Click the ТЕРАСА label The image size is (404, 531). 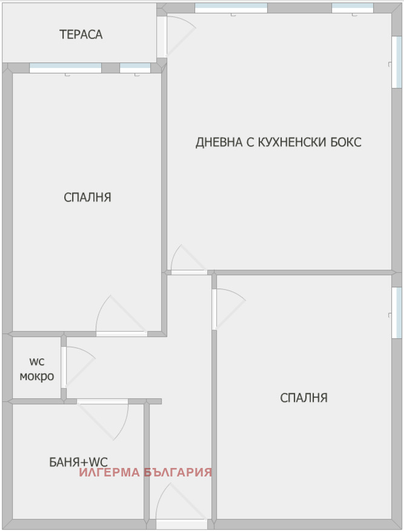coord(81,35)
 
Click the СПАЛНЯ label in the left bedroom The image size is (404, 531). coord(87,197)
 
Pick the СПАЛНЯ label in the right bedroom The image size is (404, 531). coord(303,398)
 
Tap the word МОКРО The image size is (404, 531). coord(36,376)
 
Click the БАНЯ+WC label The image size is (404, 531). coord(78,463)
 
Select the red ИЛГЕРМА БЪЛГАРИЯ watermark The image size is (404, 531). coord(145,472)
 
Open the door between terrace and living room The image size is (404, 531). coord(162,36)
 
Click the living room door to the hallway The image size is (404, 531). coord(189,272)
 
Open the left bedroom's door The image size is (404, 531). coord(121,333)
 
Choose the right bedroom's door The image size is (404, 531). coord(214,309)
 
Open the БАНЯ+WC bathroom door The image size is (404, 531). coord(102,401)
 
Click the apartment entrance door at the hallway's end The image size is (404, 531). coord(182,524)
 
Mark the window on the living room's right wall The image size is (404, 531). coord(397,61)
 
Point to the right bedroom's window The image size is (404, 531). coord(397,312)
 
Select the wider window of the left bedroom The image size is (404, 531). coord(65,68)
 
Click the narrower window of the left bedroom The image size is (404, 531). coord(134,68)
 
